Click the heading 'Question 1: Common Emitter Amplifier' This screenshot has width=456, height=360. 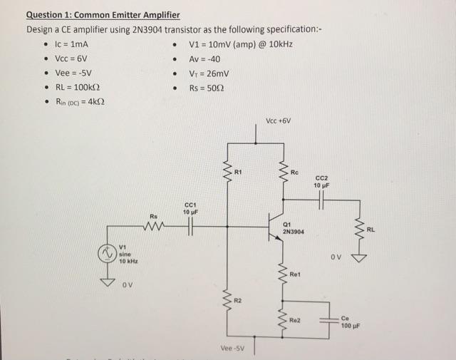[103, 15]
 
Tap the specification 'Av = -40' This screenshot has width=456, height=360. [208, 58]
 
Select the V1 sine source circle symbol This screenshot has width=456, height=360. [107, 253]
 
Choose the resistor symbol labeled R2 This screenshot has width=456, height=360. [228, 299]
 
